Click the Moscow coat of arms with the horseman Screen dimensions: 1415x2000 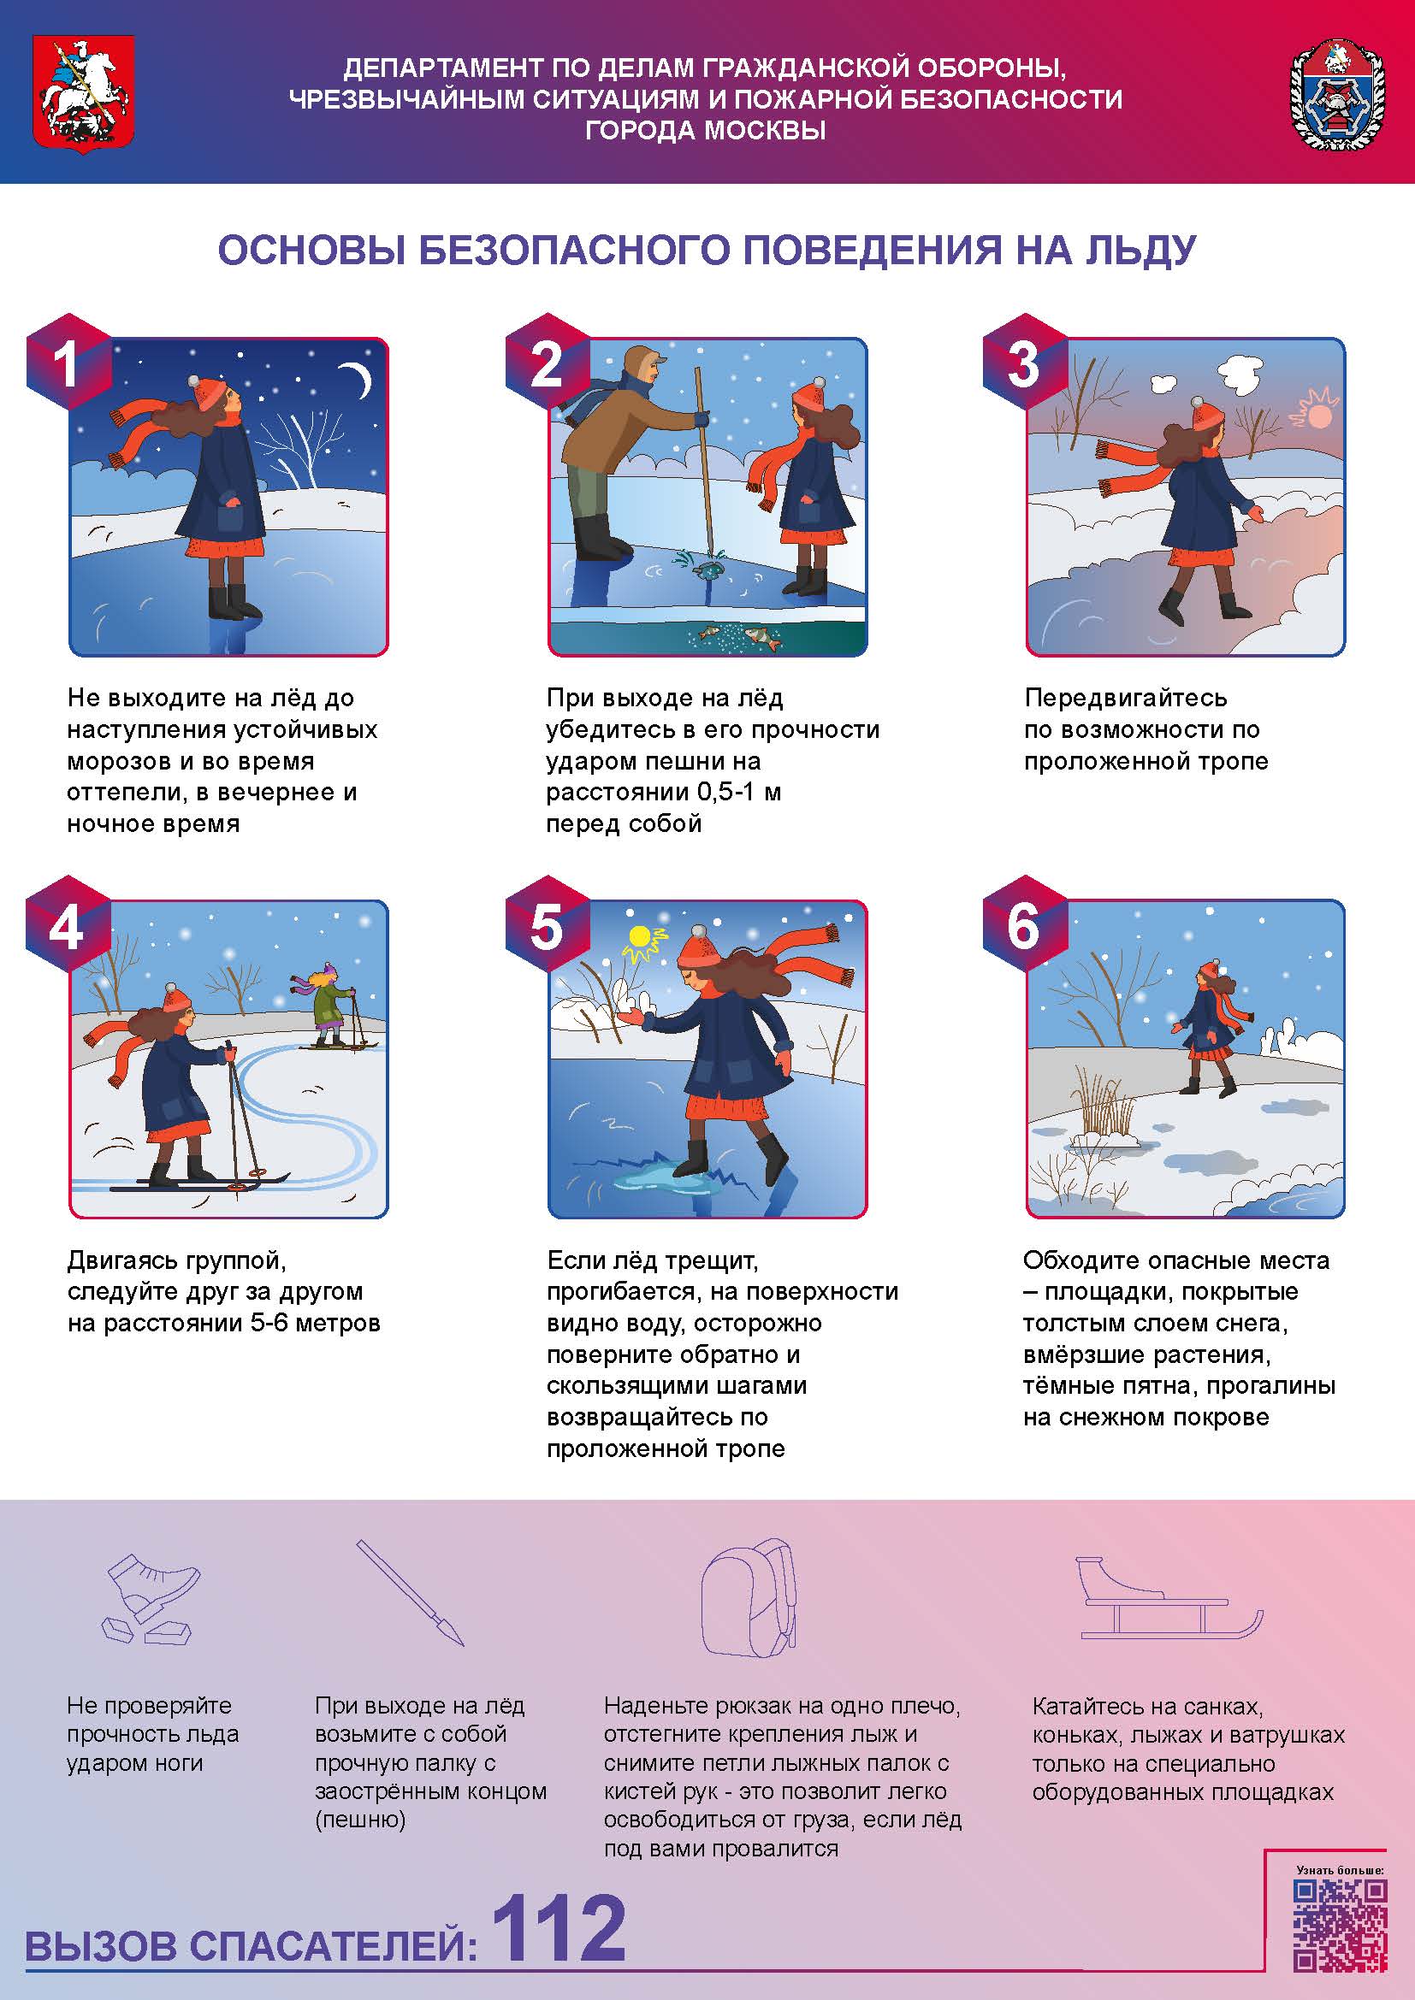click(x=84, y=94)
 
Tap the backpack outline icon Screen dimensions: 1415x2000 click(x=749, y=1597)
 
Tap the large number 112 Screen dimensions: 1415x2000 click(x=559, y=1927)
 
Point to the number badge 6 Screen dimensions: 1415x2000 click(x=1025, y=926)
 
